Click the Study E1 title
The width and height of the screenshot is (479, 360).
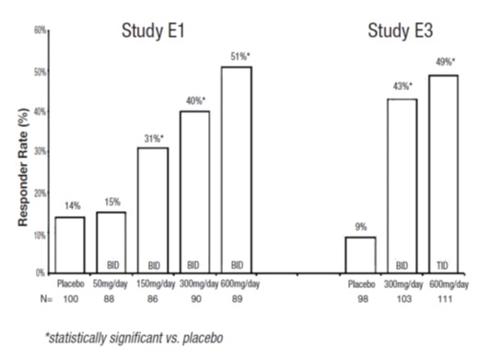click(x=154, y=30)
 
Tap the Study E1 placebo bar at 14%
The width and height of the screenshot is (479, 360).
click(x=70, y=244)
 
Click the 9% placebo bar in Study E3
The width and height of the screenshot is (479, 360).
click(x=361, y=254)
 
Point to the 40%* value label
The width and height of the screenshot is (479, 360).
click(x=194, y=99)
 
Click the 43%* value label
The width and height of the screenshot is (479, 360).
click(x=402, y=87)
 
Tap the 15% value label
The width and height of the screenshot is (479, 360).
click(x=111, y=202)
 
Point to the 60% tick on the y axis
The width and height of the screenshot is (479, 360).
click(x=40, y=30)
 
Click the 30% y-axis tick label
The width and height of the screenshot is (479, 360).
click(x=40, y=153)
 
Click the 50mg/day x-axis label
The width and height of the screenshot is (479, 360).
click(x=111, y=285)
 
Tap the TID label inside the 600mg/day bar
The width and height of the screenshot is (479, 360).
click(x=443, y=263)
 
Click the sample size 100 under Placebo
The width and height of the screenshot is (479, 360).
click(x=70, y=299)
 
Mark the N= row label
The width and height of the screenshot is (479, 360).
click(x=36, y=299)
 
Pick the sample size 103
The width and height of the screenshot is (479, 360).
click(x=402, y=299)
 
